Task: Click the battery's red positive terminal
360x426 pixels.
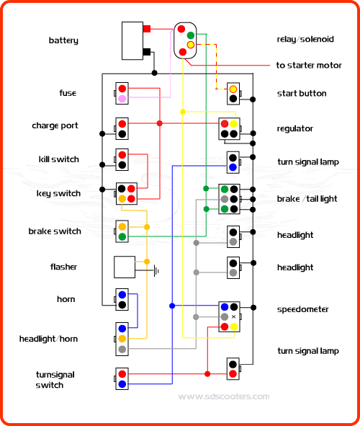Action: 147,29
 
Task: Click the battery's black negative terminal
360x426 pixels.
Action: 147,52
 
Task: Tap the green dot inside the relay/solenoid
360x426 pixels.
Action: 191,35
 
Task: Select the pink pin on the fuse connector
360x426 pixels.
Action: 122,98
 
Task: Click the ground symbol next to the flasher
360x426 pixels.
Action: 156,270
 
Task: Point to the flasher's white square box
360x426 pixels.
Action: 125,267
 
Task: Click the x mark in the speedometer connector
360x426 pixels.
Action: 233,316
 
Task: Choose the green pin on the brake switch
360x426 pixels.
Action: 122,236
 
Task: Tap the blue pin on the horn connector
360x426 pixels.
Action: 122,295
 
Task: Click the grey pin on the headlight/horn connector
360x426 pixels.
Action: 122,349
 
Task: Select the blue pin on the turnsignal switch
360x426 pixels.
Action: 122,384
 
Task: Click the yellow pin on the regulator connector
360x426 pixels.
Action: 233,124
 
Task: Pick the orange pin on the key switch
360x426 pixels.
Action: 122,199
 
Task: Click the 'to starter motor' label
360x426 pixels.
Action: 309,65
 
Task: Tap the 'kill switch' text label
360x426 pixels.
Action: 58,159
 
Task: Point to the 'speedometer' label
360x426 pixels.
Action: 302,309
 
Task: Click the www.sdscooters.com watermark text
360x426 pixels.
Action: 224,396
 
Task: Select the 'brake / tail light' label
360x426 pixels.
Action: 307,199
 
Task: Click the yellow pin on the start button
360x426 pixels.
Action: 233,89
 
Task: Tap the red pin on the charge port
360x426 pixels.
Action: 122,124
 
